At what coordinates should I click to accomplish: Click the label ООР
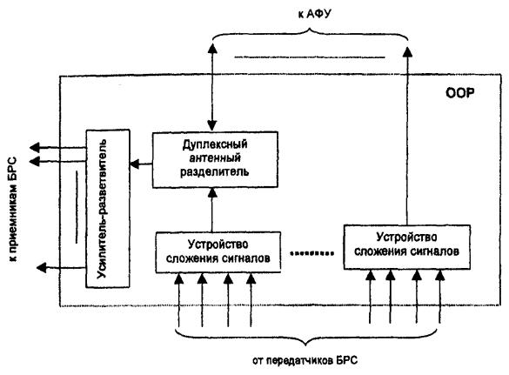pyautogui.click(x=459, y=93)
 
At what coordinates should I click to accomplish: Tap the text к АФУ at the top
pyautogui.click(x=314, y=14)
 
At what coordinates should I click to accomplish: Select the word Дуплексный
pyautogui.click(x=215, y=144)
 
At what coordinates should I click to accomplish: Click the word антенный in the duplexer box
pyautogui.click(x=215, y=157)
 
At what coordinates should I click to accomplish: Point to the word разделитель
pyautogui.click(x=215, y=171)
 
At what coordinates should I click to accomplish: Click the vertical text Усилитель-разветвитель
pyautogui.click(x=102, y=209)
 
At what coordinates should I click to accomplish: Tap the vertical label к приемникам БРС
pyautogui.click(x=12, y=210)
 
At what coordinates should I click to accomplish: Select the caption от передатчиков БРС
pyautogui.click(x=305, y=360)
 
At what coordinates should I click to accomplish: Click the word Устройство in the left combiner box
pyautogui.click(x=218, y=244)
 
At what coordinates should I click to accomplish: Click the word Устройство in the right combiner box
pyautogui.click(x=406, y=238)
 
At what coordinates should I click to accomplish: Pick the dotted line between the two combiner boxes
pyautogui.click(x=311, y=253)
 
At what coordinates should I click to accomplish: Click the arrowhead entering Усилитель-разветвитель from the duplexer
pyautogui.click(x=135, y=164)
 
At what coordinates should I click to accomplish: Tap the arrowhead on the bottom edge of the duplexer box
pyautogui.click(x=212, y=193)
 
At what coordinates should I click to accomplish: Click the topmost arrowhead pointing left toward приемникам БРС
pyautogui.click(x=35, y=148)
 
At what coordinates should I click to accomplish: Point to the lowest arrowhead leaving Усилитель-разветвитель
pyautogui.click(x=41, y=268)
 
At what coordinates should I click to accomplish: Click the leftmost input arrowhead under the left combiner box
pyautogui.click(x=178, y=279)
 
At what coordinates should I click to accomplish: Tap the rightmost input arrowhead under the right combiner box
pyautogui.click(x=439, y=276)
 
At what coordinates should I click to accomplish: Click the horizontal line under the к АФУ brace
pyautogui.click(x=310, y=57)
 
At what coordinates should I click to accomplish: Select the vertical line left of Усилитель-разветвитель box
pyautogui.click(x=77, y=207)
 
